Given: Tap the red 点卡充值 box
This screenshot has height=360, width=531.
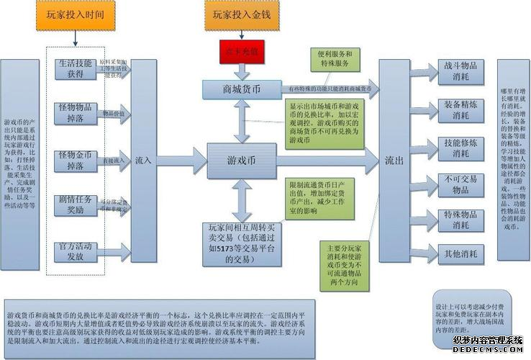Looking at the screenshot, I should (242, 51).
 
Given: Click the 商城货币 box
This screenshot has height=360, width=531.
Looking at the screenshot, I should (242, 90).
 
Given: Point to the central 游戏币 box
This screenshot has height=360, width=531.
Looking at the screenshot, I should (242, 160).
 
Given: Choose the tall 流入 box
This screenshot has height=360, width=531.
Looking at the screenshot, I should (143, 160).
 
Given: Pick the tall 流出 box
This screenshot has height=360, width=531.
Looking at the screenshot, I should (394, 160).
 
